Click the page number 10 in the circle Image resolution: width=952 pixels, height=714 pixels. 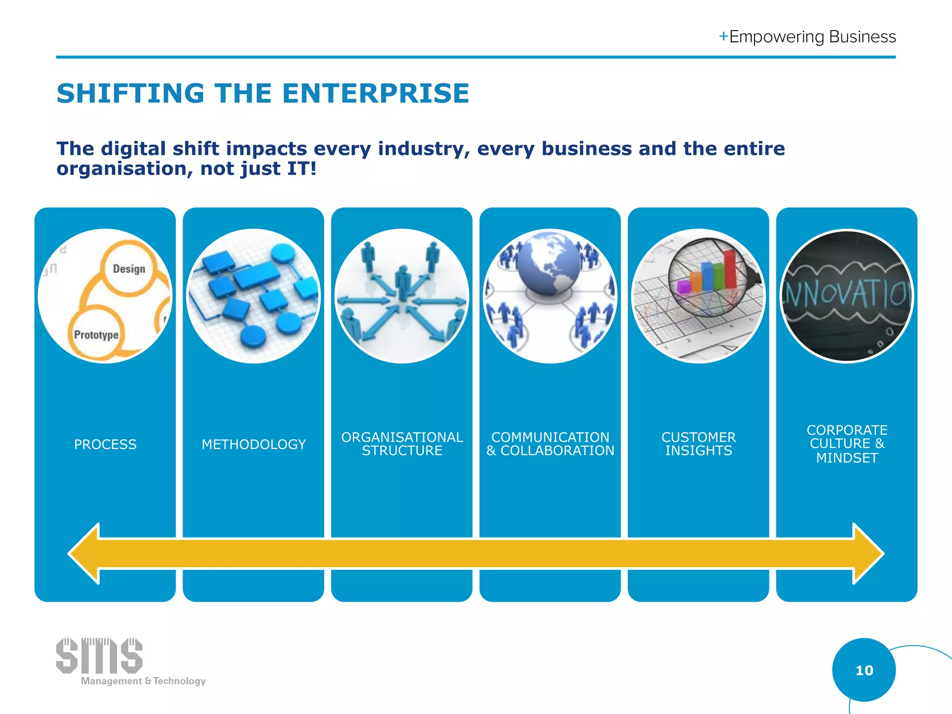coord(864,670)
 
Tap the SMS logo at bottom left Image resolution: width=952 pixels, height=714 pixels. coord(99,656)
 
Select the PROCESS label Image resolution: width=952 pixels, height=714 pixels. coord(106,444)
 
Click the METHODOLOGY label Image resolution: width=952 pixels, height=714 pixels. coord(254,444)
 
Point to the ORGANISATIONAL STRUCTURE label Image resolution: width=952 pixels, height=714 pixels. coord(402,444)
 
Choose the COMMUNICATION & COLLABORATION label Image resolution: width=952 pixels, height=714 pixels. coord(550,444)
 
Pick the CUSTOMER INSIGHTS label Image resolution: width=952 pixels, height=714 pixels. coord(699,444)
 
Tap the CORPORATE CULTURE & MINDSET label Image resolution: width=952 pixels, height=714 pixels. coord(847,444)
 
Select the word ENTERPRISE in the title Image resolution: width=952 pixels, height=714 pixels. coord(376,93)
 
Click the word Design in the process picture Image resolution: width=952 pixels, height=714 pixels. coord(129,269)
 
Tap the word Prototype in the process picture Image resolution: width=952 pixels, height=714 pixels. coord(96,335)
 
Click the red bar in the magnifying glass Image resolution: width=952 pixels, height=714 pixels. coord(730,269)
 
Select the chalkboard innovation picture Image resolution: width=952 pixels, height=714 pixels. coord(847,296)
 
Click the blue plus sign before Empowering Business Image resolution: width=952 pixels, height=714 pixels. coord(723,36)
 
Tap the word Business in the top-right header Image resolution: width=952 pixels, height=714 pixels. coord(862,37)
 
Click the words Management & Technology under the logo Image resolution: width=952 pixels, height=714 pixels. coord(143,681)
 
